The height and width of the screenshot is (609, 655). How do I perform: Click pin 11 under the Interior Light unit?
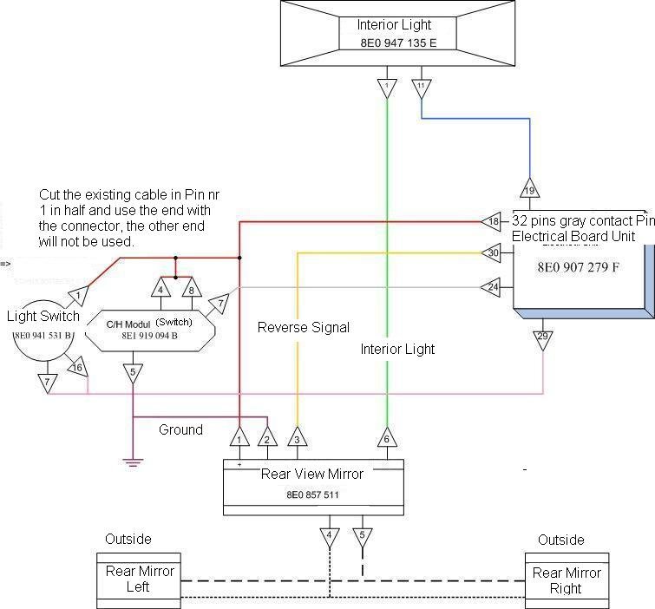[x=421, y=88]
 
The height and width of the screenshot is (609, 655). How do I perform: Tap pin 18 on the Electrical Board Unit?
[x=492, y=222]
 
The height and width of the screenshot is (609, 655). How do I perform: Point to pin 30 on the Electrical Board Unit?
[x=492, y=253]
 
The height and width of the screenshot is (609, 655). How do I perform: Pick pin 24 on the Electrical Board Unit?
[x=492, y=286]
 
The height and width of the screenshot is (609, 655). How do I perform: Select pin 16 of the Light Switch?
[x=77, y=369]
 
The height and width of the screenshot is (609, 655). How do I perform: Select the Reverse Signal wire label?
[x=304, y=328]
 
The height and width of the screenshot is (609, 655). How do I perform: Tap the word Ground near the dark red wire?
[x=180, y=429]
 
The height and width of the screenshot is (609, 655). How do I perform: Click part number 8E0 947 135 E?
[x=394, y=42]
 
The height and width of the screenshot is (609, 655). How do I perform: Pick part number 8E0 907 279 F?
[x=579, y=267]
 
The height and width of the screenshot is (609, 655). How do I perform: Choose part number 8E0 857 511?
[x=312, y=494]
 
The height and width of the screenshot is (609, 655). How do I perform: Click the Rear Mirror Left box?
[x=139, y=580]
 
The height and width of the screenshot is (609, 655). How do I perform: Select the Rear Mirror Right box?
[x=567, y=580]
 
